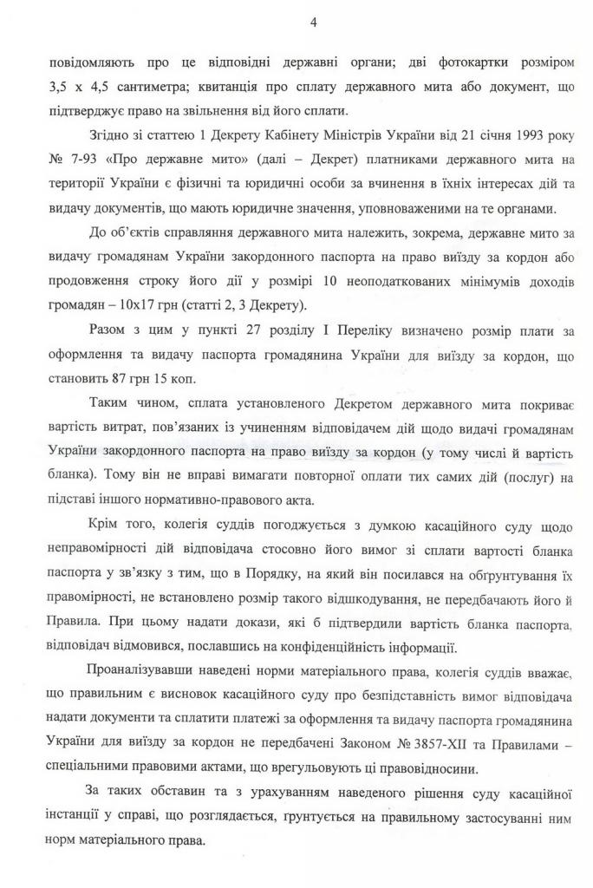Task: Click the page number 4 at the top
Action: (x=312, y=23)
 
